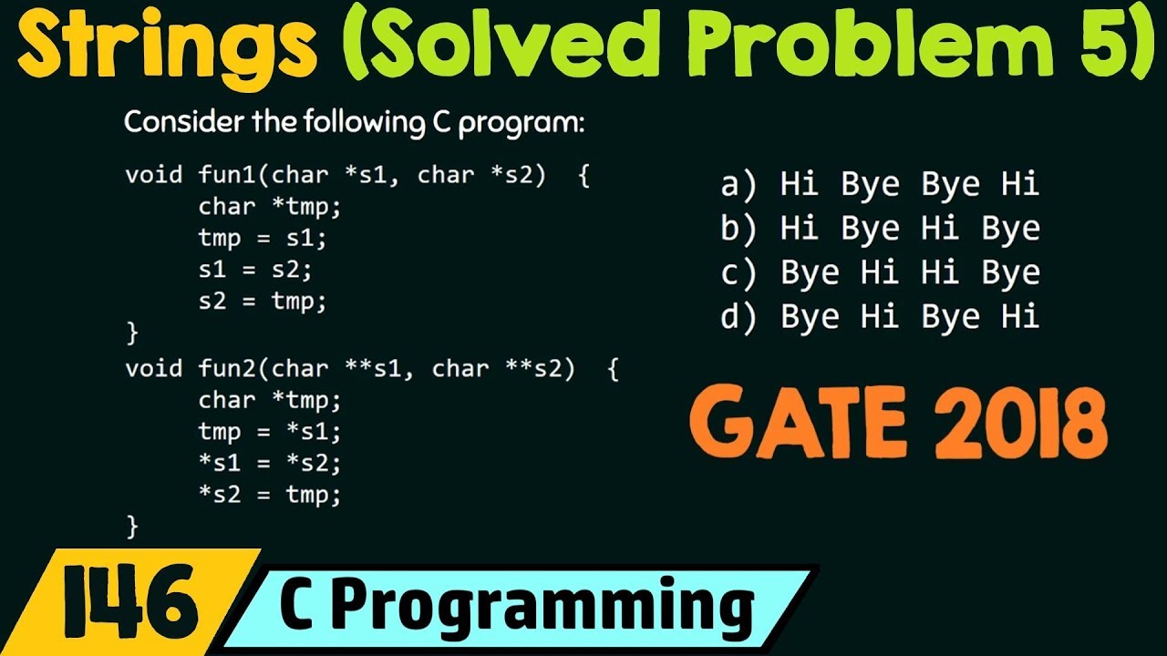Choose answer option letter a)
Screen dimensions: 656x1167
(x=739, y=185)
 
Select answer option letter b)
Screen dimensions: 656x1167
(x=739, y=229)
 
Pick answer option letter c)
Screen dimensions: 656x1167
(x=739, y=272)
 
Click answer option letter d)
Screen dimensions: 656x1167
(x=739, y=316)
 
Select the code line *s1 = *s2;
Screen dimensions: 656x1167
(x=269, y=463)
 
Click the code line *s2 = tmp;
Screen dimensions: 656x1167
(x=269, y=495)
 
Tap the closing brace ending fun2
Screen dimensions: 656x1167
(x=132, y=526)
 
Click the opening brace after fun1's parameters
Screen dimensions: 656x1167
(x=584, y=175)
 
